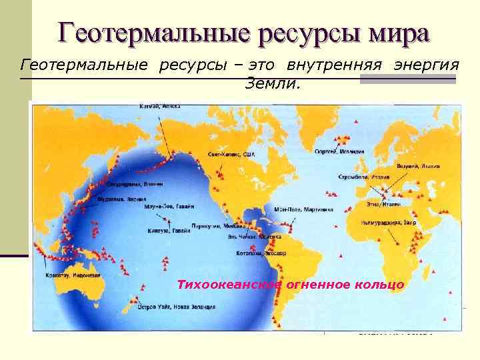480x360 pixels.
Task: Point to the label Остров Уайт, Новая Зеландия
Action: point(176,307)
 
